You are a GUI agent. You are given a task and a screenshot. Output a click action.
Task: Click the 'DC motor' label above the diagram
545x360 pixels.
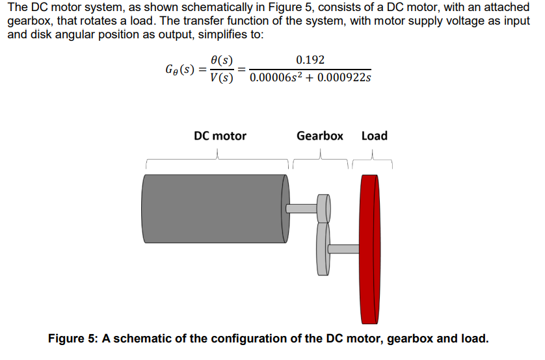220,136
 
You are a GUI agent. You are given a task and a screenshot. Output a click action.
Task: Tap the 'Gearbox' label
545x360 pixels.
319,136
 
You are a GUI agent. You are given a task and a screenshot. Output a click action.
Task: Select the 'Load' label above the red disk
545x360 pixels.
374,136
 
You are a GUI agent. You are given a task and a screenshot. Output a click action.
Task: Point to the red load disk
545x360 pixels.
369,250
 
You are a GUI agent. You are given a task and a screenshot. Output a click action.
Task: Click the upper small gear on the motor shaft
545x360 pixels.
323,209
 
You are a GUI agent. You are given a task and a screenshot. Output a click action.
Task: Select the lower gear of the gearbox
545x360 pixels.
322,248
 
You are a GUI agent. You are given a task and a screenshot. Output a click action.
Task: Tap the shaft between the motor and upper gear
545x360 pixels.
301,209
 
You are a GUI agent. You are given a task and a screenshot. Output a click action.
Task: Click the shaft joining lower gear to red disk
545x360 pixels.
344,248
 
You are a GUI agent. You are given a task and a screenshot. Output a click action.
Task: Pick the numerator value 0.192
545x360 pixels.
310,60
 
